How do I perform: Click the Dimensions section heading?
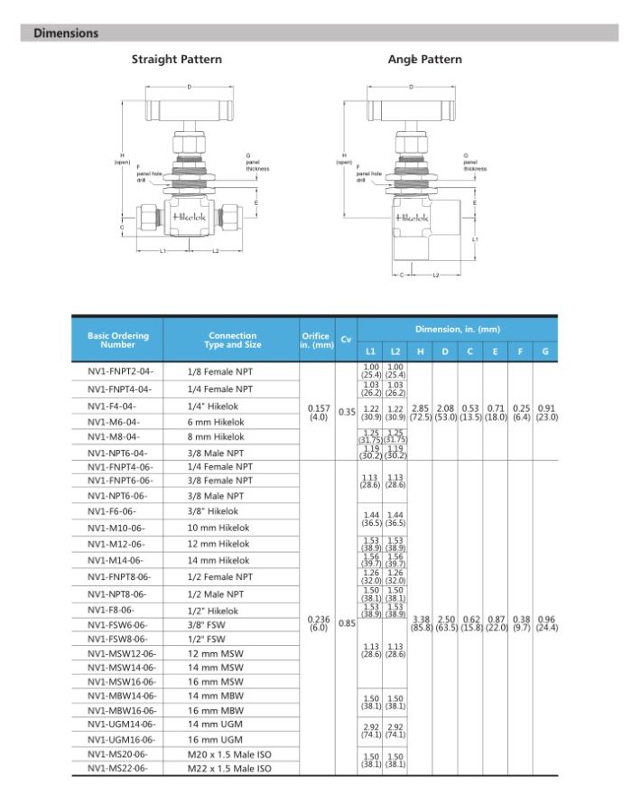66,33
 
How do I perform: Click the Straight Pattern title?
177,60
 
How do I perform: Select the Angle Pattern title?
424,60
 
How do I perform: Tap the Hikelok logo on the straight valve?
188,218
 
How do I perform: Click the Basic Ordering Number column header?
118,341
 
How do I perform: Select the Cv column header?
346,341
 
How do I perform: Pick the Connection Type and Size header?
233,341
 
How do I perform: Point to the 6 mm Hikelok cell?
216,422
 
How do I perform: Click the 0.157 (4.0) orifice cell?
317,412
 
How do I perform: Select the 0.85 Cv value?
346,622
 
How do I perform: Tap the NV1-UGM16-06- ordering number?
122,739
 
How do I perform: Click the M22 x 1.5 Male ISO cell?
229,769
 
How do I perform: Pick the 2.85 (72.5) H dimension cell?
420,412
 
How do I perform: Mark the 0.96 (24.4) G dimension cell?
545,622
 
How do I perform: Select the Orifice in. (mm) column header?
317,341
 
